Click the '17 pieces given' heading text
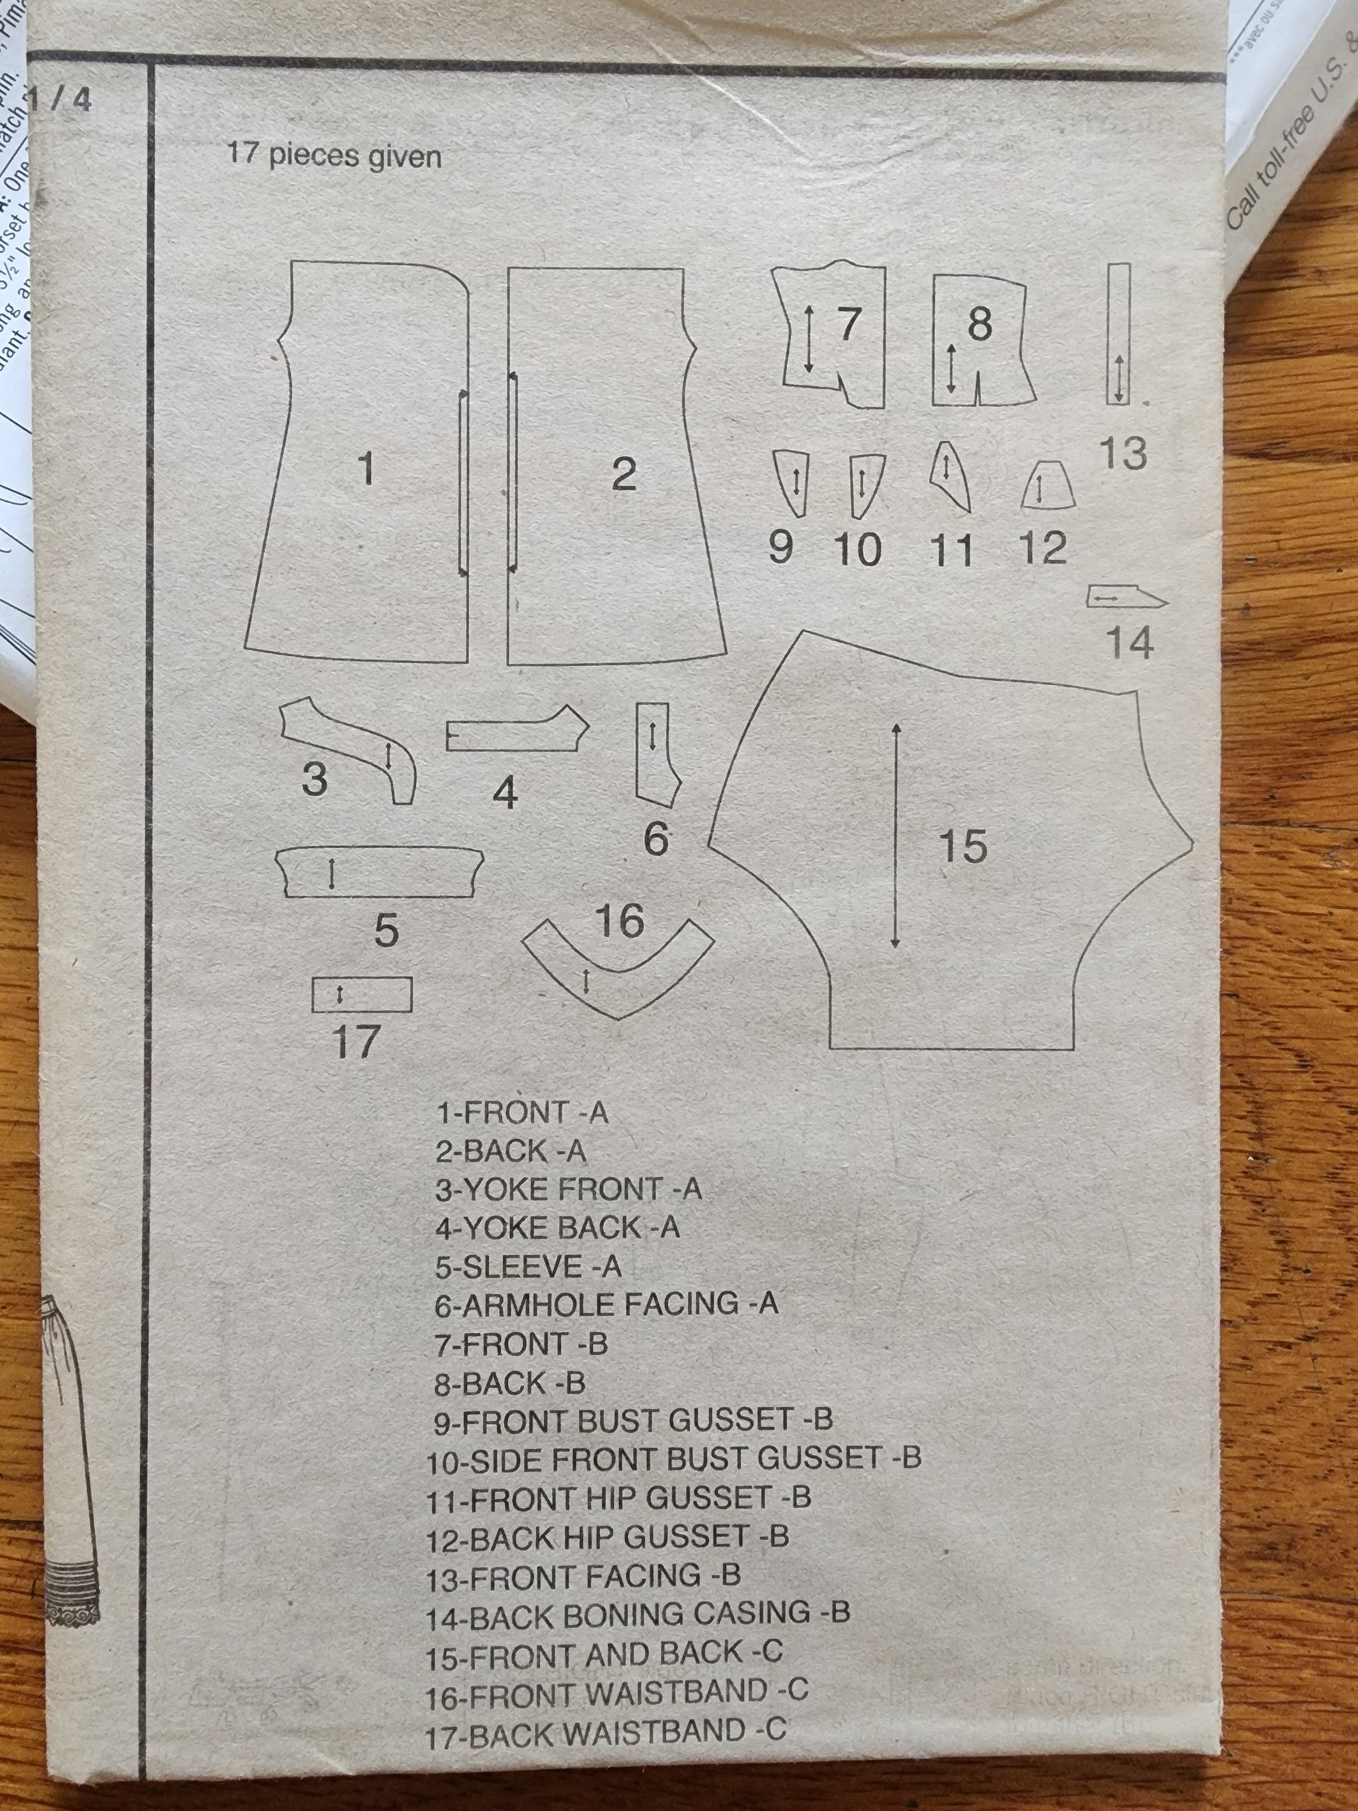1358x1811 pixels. click(334, 155)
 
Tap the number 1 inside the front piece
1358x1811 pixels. click(366, 469)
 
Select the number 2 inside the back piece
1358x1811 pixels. click(624, 475)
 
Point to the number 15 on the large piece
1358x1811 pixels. click(962, 846)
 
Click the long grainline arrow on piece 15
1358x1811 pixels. click(895, 835)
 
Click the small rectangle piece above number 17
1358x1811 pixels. click(361, 994)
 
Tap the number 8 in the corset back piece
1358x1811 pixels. click(980, 325)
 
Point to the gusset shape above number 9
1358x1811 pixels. click(791, 482)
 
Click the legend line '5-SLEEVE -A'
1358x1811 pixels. click(528, 1267)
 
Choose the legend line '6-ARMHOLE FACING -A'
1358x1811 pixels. click(606, 1304)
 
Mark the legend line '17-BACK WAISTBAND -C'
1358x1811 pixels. click(606, 1731)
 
